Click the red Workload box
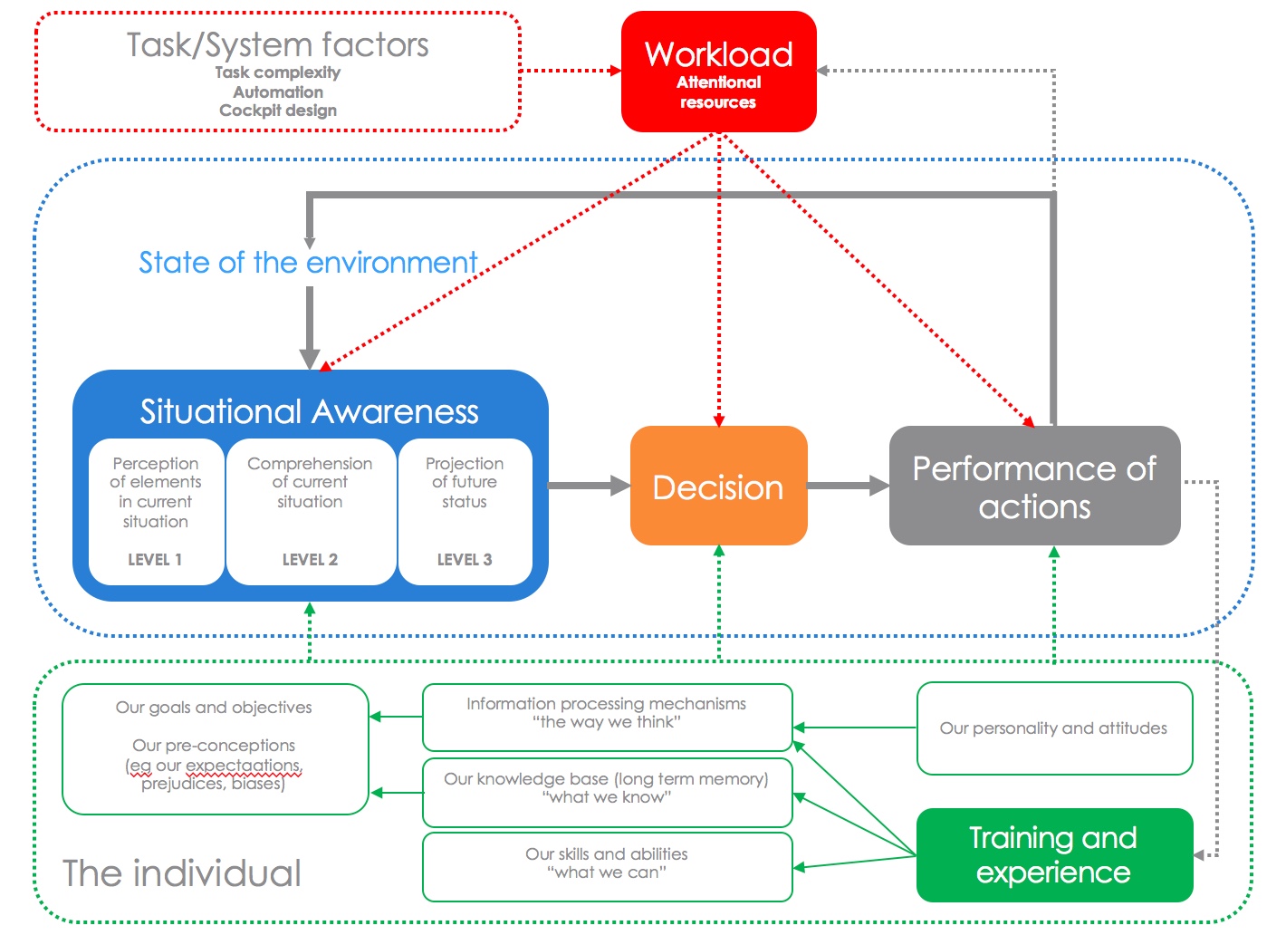pos(718,72)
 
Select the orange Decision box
pos(718,487)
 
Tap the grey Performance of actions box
pos(1034,487)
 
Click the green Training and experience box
pos(1054,854)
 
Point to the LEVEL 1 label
pos(155,560)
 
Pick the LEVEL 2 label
pos(310,560)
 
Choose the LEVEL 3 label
pos(465,560)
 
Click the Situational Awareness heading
pos(309,412)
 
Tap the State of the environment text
pos(308,263)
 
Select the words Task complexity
pos(278,72)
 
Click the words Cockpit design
pos(278,111)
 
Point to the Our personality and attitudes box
pos(1054,728)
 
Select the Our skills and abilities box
pos(607,866)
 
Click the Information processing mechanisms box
pos(607,716)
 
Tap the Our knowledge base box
pos(607,791)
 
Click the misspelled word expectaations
pos(243,766)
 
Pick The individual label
pos(182,873)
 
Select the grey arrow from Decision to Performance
pos(848,486)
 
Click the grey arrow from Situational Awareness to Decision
pos(589,486)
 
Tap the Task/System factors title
pos(278,45)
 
